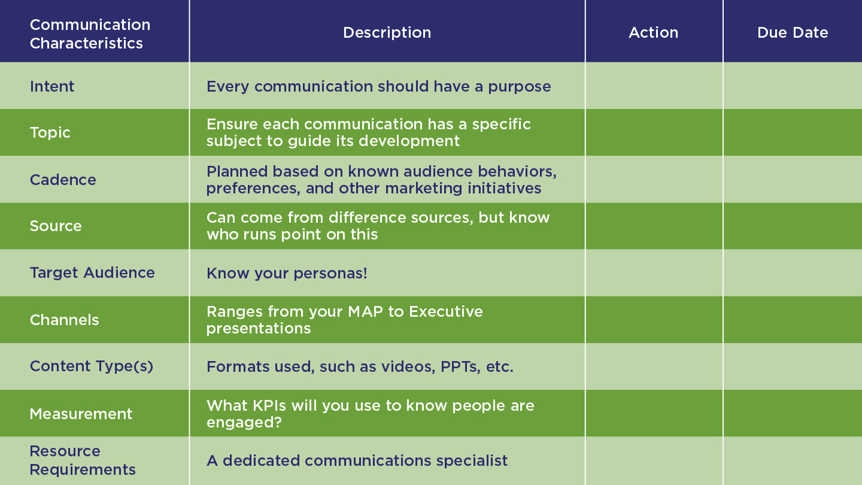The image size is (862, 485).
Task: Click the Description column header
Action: pyautogui.click(x=387, y=33)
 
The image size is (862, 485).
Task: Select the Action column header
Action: pyautogui.click(x=654, y=33)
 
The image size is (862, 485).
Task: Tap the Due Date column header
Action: pyautogui.click(x=793, y=33)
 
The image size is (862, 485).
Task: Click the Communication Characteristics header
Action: pyautogui.click(x=90, y=34)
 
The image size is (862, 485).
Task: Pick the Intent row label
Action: pyautogui.click(x=52, y=86)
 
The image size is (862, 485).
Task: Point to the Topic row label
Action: pyautogui.click(x=50, y=133)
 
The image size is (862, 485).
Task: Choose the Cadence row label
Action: pyautogui.click(x=63, y=180)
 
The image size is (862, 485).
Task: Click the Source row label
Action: pyautogui.click(x=56, y=226)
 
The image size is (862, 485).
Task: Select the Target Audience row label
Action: pyautogui.click(x=92, y=273)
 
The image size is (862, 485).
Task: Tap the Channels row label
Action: pyautogui.click(x=64, y=320)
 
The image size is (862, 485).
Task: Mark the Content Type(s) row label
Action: pyautogui.click(x=92, y=366)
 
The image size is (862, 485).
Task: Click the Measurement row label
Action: pyautogui.click(x=81, y=414)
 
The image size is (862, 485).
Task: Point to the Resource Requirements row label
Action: pyautogui.click(x=83, y=460)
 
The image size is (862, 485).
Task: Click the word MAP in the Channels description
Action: pyautogui.click(x=366, y=311)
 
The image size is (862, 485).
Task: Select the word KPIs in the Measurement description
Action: pyautogui.click(x=269, y=406)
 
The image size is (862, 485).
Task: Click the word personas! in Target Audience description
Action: pyautogui.click(x=330, y=273)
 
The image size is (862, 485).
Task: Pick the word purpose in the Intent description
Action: pyautogui.click(x=520, y=87)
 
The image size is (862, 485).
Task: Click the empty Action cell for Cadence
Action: pyautogui.click(x=654, y=180)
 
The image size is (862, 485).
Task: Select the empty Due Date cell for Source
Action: pyautogui.click(x=793, y=226)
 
